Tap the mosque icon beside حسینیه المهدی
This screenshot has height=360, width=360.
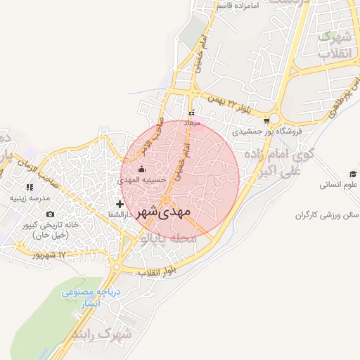tap(142, 169)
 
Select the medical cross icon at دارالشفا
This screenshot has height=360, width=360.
tap(120, 204)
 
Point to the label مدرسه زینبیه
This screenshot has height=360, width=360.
tap(29, 198)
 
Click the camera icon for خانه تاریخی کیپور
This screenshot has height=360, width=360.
tap(49, 214)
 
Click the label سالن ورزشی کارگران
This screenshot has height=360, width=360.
tap(326, 214)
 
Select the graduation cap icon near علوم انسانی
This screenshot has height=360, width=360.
tap(352, 174)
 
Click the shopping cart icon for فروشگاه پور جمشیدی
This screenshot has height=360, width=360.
tap(265, 120)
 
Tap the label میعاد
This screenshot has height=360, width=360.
tap(192, 123)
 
